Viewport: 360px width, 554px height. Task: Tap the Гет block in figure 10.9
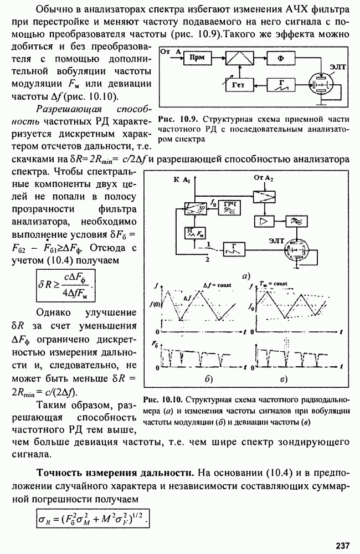(x=240, y=85)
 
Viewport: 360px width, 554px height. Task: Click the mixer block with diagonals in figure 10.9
(x=239, y=57)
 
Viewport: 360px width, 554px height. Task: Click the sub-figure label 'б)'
(x=208, y=380)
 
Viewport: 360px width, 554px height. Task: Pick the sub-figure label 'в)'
(x=283, y=380)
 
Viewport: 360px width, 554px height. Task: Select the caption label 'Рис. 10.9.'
(x=174, y=119)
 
